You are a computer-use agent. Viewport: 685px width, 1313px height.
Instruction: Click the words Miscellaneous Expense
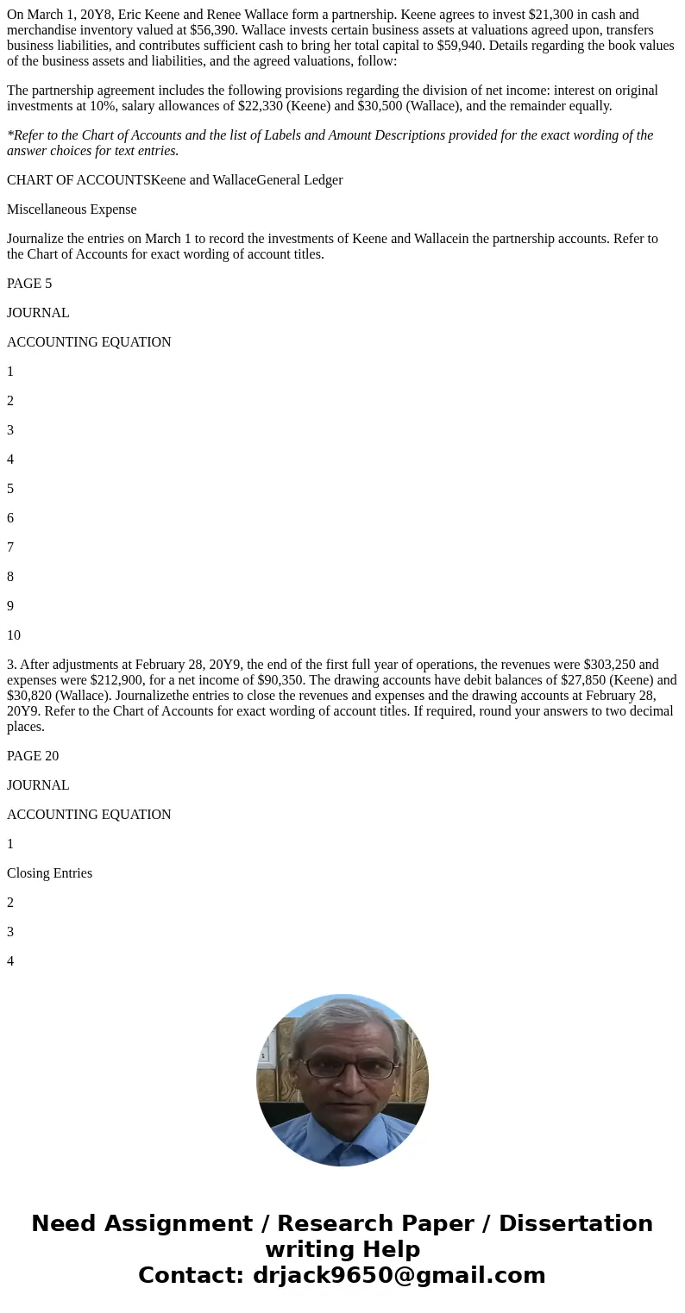pyautogui.click(x=72, y=209)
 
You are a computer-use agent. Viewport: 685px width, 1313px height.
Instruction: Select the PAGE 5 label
pyautogui.click(x=29, y=283)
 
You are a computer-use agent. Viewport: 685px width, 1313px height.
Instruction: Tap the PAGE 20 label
pyautogui.click(x=33, y=755)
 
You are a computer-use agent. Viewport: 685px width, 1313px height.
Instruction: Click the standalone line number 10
pyautogui.click(x=14, y=635)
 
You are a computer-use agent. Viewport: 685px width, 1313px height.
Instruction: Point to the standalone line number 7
pyautogui.click(x=10, y=547)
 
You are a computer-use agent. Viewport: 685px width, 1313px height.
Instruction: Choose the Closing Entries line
pyautogui.click(x=49, y=872)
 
